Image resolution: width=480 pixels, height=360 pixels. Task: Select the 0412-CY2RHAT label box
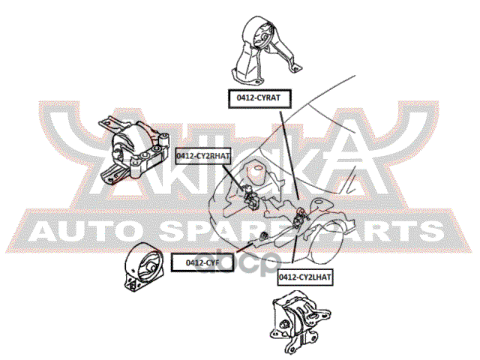203,155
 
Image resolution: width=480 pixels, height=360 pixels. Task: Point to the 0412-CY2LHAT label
304,277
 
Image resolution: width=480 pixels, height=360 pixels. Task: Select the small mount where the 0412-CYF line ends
263,238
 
